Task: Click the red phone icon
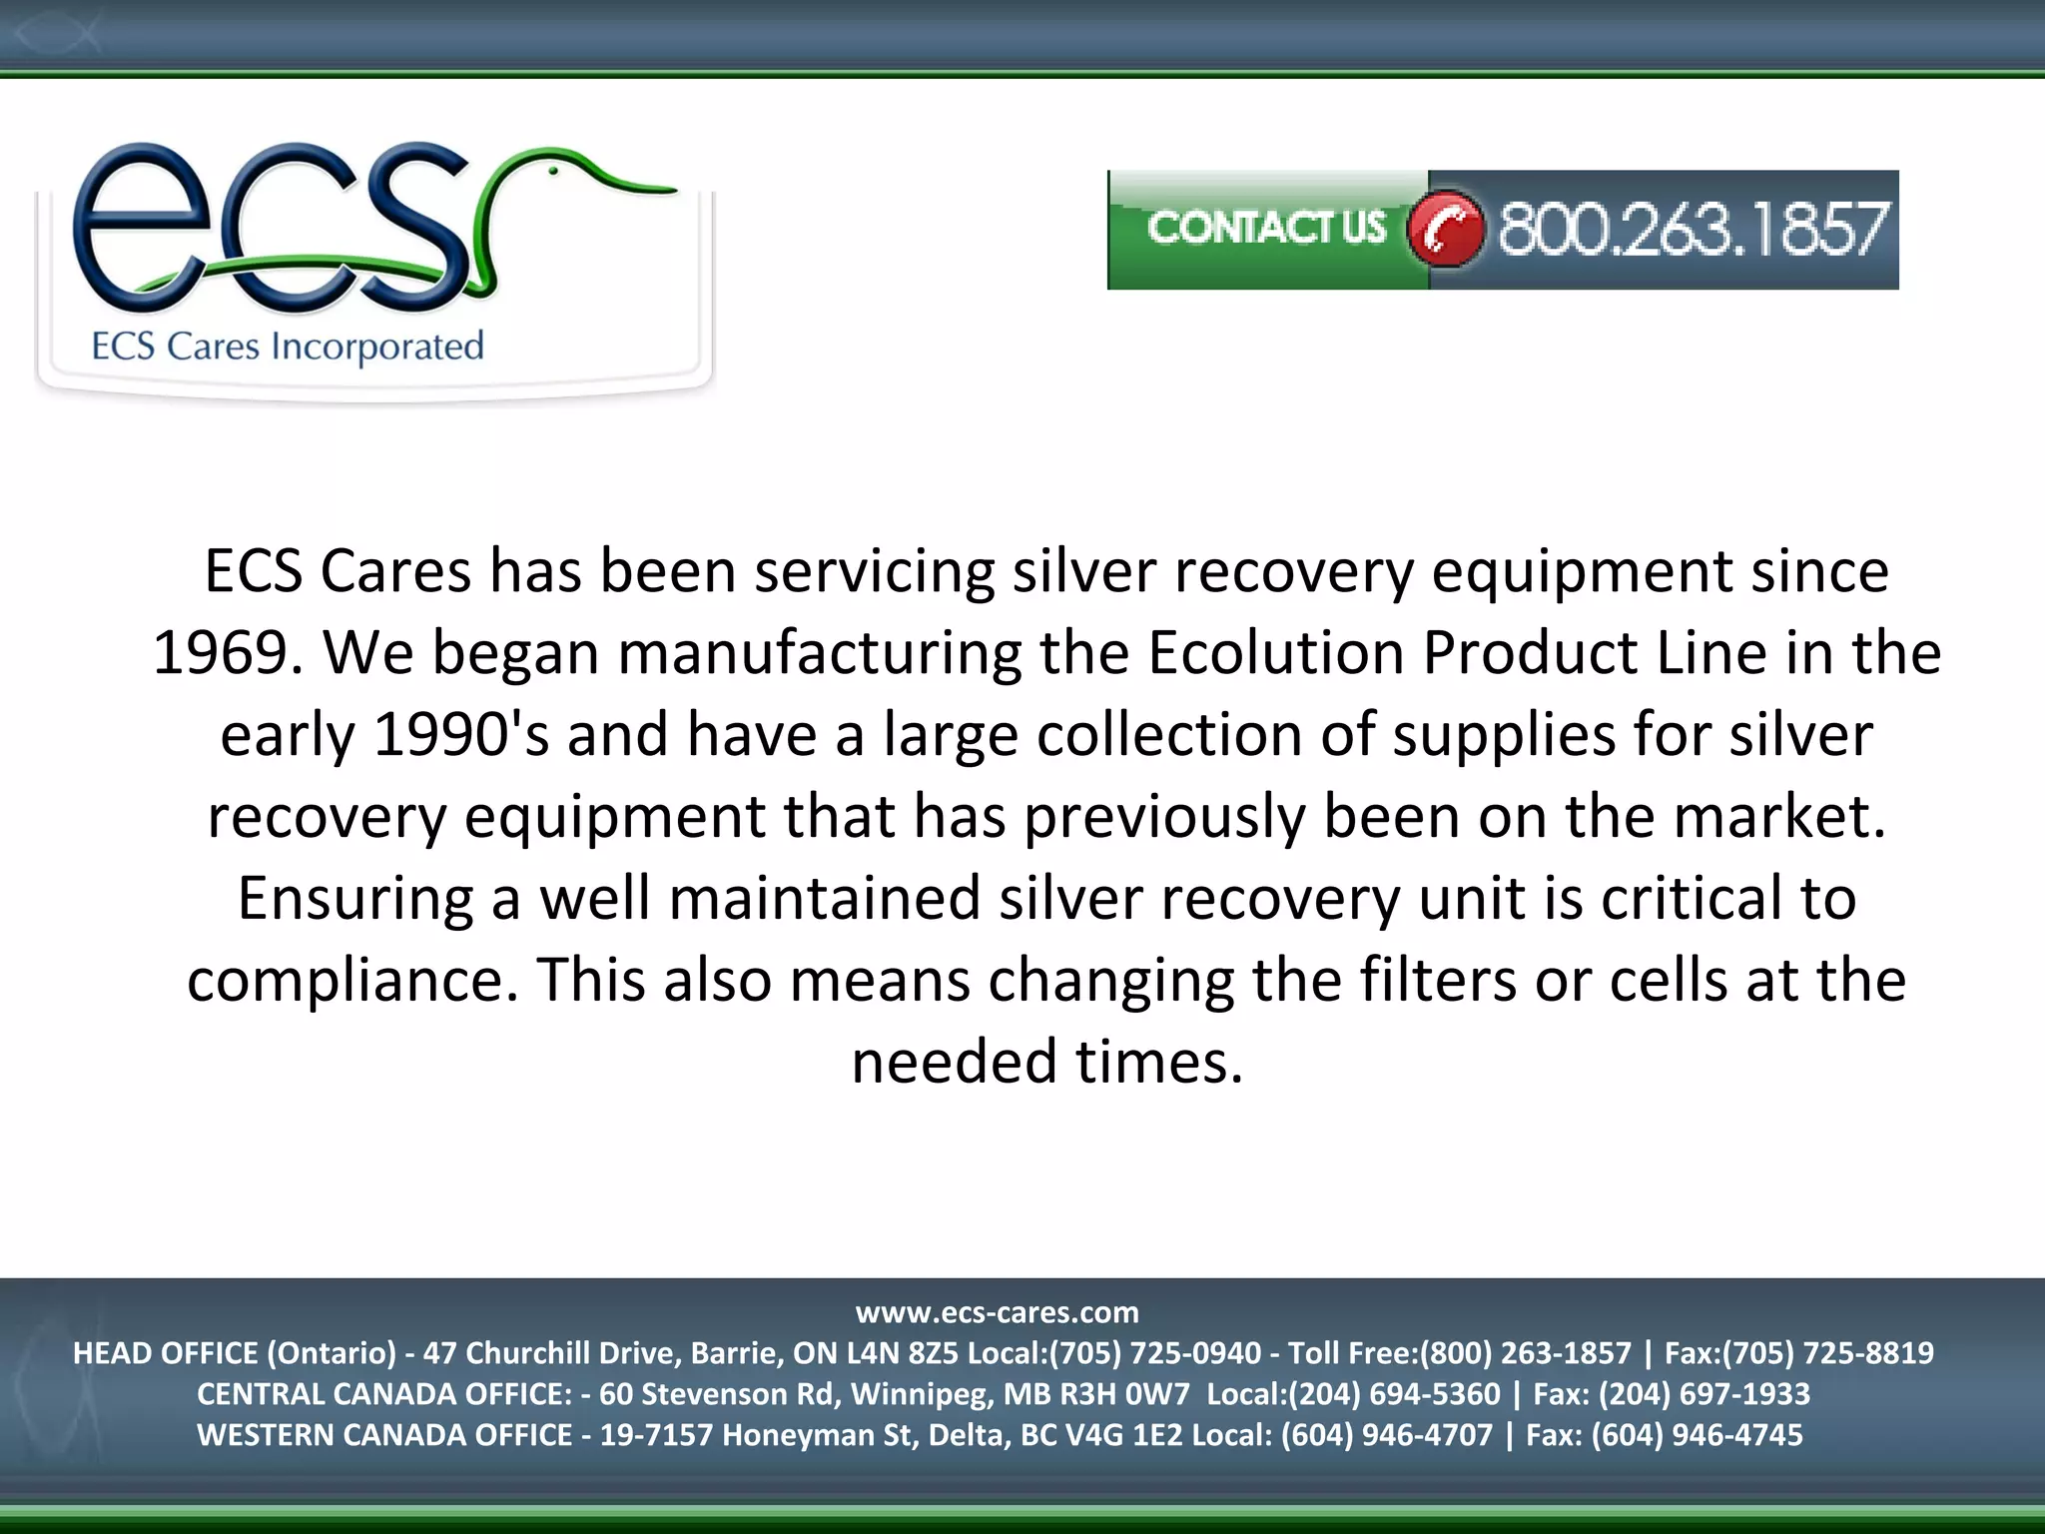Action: pos(1445,229)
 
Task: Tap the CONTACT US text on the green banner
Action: pos(1266,228)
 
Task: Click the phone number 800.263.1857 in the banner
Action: pos(1692,229)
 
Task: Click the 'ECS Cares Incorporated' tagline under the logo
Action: pos(288,347)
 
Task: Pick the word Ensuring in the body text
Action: pos(354,898)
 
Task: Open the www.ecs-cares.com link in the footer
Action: pos(997,1312)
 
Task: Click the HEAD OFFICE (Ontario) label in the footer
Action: pos(235,1353)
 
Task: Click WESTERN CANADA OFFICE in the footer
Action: pos(384,1435)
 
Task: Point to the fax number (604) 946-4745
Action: pos(1697,1435)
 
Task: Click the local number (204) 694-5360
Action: pos(1395,1394)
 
